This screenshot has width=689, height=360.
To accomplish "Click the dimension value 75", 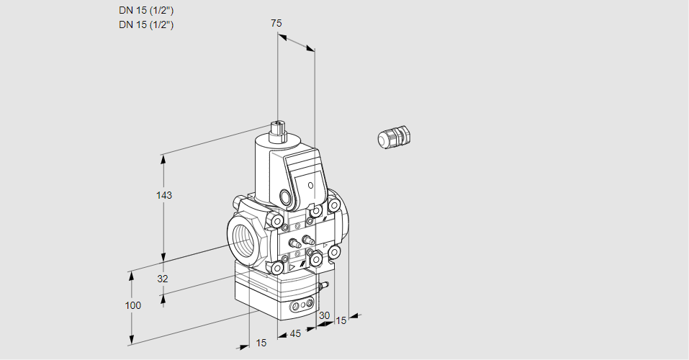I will coord(276,23).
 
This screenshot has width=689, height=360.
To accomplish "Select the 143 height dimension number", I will coord(165,195).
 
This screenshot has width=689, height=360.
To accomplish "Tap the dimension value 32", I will coord(162,279).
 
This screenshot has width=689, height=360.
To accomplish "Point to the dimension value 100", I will coord(132,305).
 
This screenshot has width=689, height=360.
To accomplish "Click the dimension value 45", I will coord(295,334).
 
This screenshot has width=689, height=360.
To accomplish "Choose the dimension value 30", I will coord(324,315).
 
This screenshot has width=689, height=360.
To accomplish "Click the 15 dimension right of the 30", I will coord(341,320).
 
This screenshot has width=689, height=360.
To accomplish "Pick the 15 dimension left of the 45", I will coord(261,343).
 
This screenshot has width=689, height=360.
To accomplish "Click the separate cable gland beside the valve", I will coord(394,138).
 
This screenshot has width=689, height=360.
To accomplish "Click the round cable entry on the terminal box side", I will coord(287,197).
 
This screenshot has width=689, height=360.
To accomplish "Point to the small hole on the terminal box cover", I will coord(310,186).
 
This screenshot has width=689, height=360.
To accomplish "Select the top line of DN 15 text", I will coord(146,10).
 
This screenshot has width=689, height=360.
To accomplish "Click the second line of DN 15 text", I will coord(146,24).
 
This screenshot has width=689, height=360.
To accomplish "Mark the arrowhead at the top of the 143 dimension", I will coord(164,158).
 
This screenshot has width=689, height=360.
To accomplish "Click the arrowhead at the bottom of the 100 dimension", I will coord(132,339).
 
